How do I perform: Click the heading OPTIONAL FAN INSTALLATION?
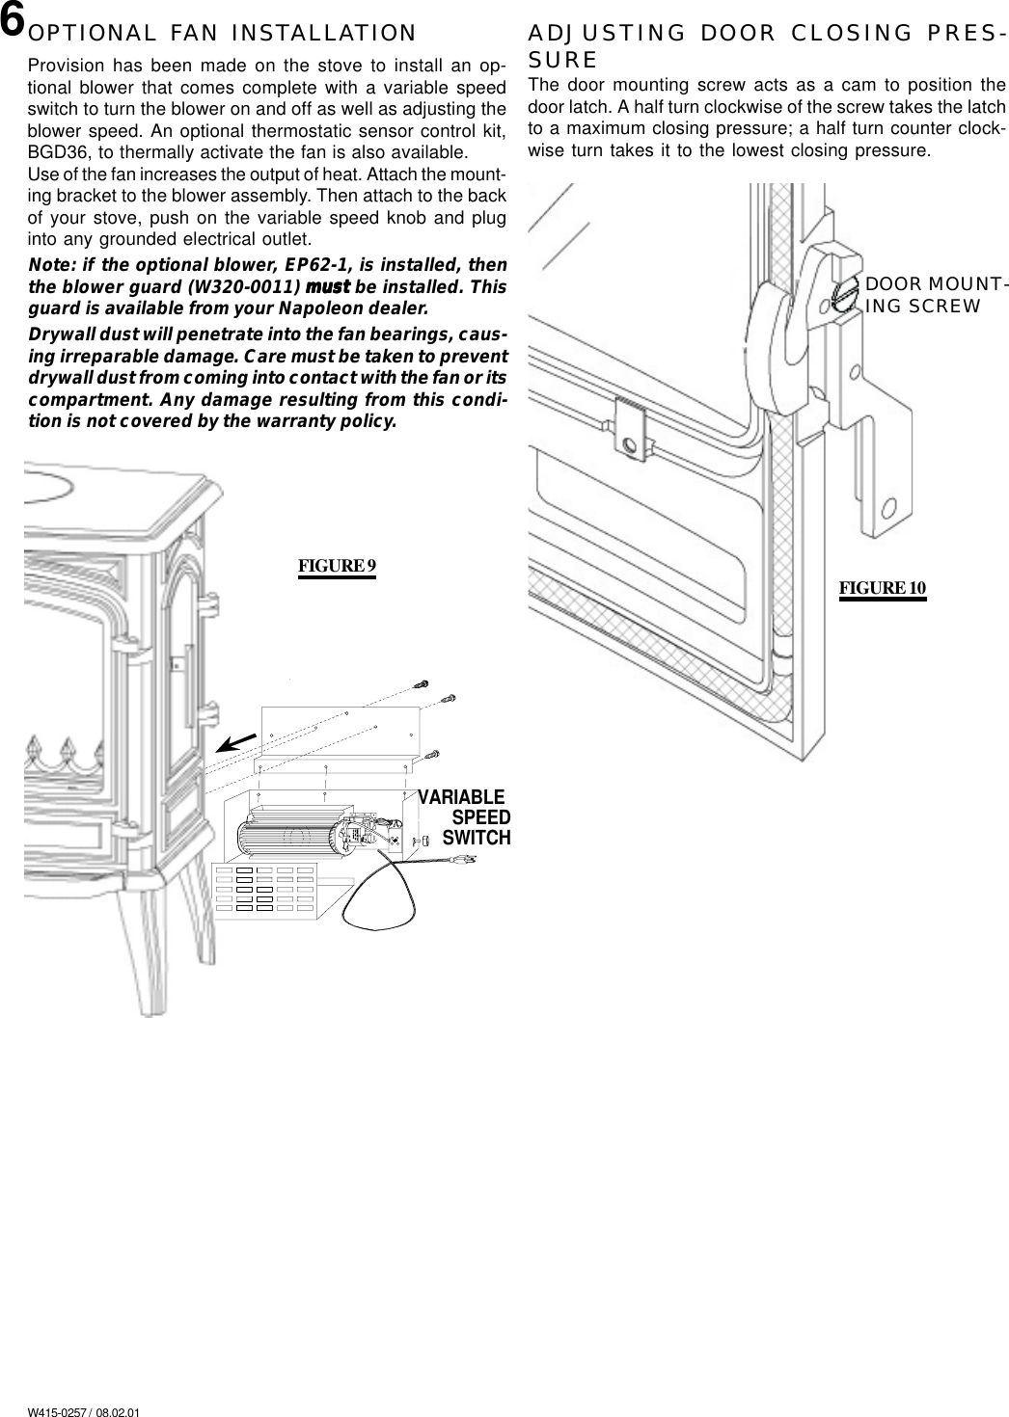pos(223,34)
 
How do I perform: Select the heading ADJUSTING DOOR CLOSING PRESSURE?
pos(767,42)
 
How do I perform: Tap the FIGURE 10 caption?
pos(882,588)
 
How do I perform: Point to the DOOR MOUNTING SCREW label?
pos(936,296)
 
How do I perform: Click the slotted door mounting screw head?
pos(844,293)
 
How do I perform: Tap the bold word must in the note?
pos(329,288)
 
